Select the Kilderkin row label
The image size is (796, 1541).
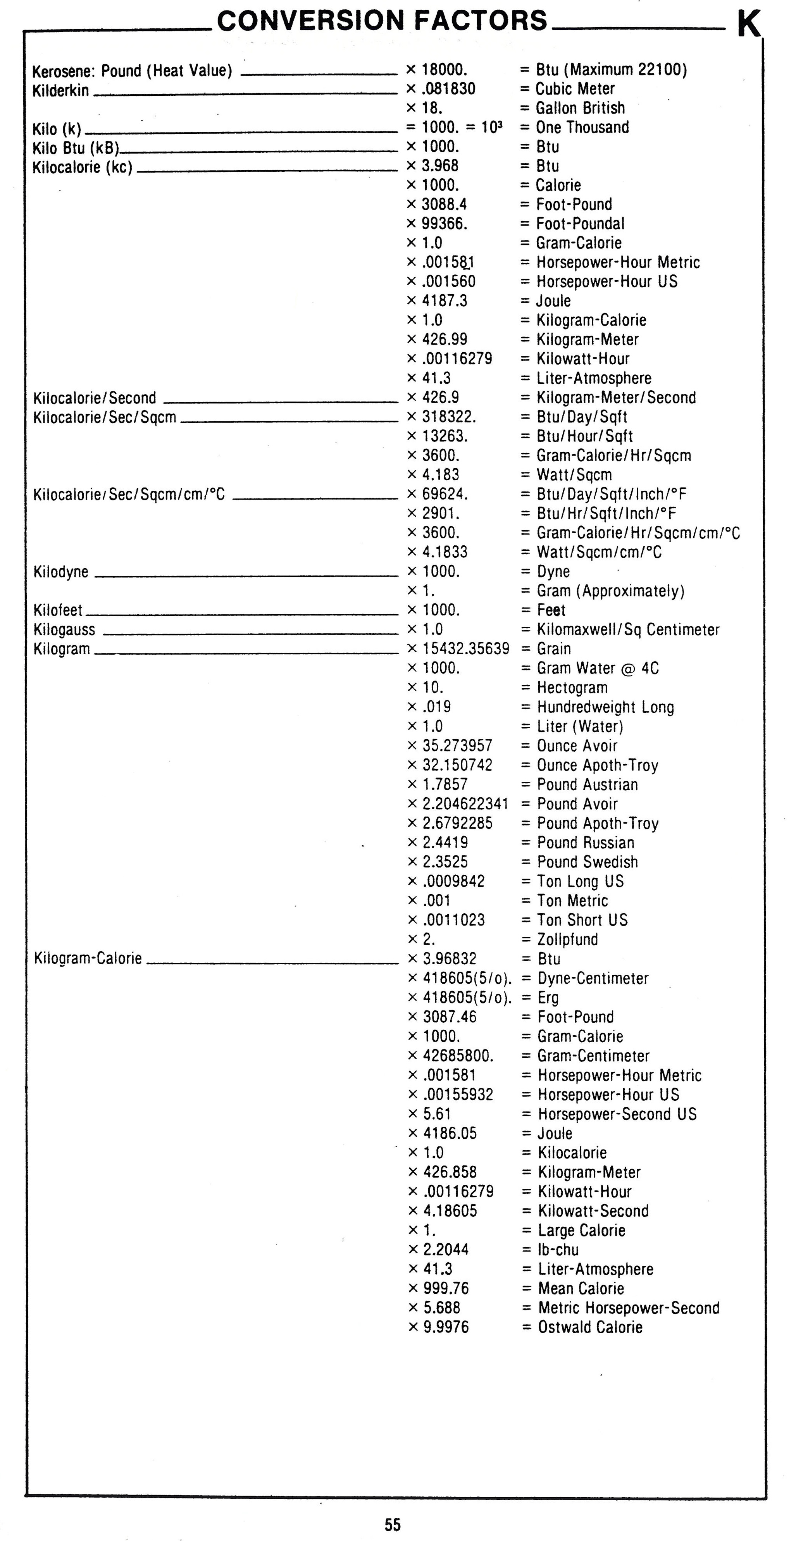click(x=60, y=91)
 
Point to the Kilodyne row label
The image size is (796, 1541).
click(x=61, y=572)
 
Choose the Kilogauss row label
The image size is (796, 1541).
click(x=64, y=630)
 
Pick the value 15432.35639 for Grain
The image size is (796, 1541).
click(x=465, y=649)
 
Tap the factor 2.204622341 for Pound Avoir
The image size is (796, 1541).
click(x=465, y=804)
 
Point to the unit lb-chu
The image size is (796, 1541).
click(x=558, y=1250)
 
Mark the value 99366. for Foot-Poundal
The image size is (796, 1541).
click(x=445, y=224)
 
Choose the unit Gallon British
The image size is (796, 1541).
click(x=580, y=108)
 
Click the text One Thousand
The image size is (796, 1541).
click(x=582, y=128)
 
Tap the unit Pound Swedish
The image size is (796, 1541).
click(x=587, y=862)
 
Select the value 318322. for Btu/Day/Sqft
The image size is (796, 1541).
click(x=448, y=417)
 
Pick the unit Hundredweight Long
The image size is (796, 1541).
click(x=605, y=707)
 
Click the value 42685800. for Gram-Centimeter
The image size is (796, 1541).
click(x=458, y=1056)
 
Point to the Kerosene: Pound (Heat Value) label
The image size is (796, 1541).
click(x=132, y=71)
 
